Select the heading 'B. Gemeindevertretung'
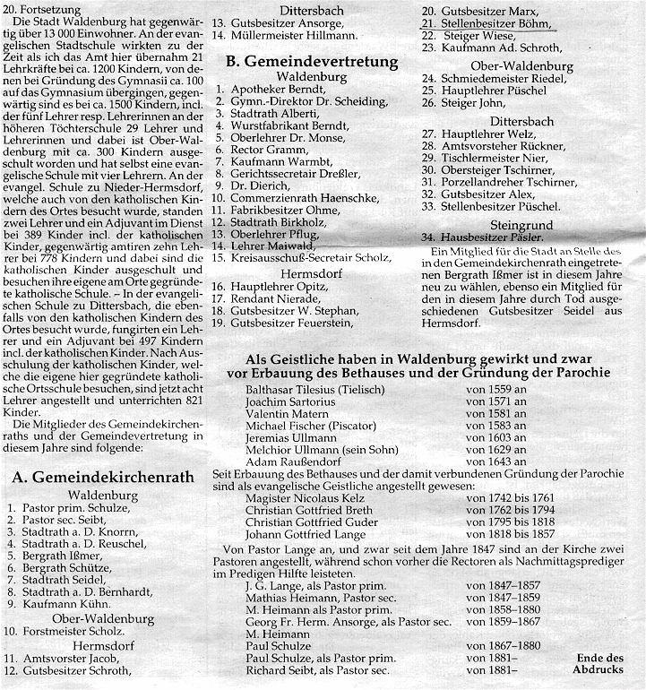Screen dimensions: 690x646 [312, 62]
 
